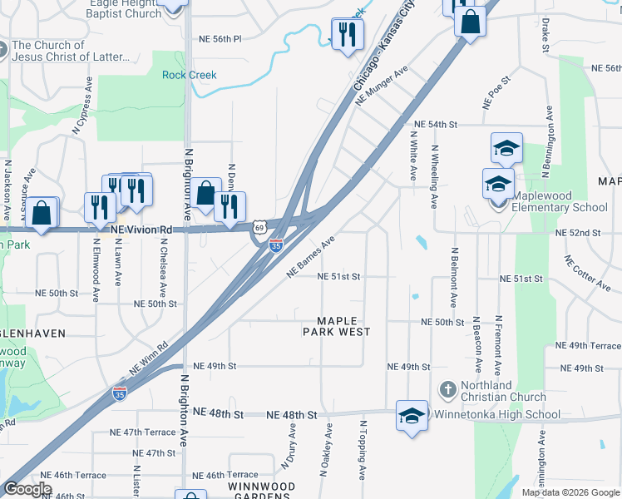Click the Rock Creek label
click(189, 75)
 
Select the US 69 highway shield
click(260, 226)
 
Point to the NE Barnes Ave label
click(310, 255)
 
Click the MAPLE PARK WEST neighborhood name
click(338, 326)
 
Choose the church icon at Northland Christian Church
click(447, 389)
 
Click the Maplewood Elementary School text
click(560, 201)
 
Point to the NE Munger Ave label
click(381, 86)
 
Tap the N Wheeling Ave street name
click(433, 176)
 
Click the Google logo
click(27, 489)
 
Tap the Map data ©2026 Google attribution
click(570, 492)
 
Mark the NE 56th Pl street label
click(220, 39)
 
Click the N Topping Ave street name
click(363, 450)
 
